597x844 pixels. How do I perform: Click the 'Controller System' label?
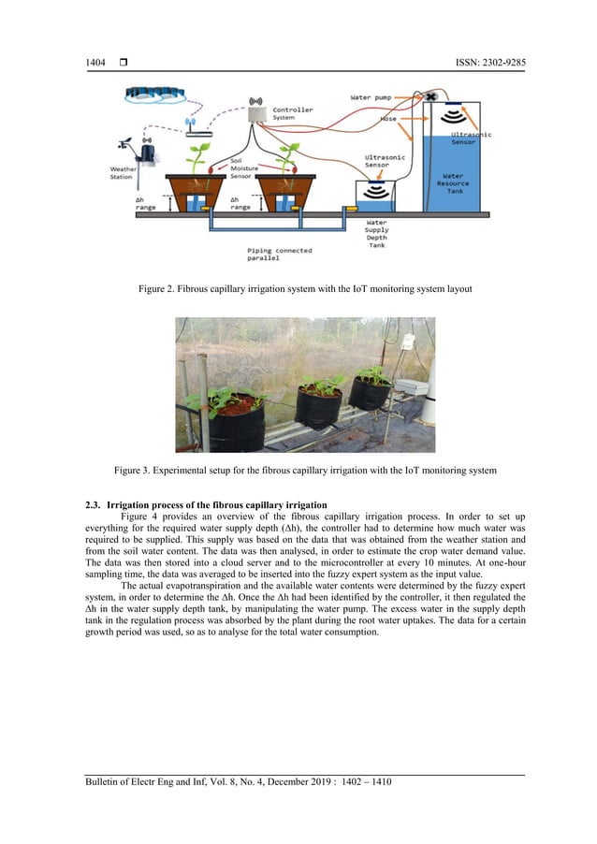[x=293, y=113]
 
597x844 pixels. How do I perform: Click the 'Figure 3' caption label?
[x=133, y=468]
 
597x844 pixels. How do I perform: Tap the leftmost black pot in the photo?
[x=236, y=423]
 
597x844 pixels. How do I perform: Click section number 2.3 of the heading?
[x=93, y=506]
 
